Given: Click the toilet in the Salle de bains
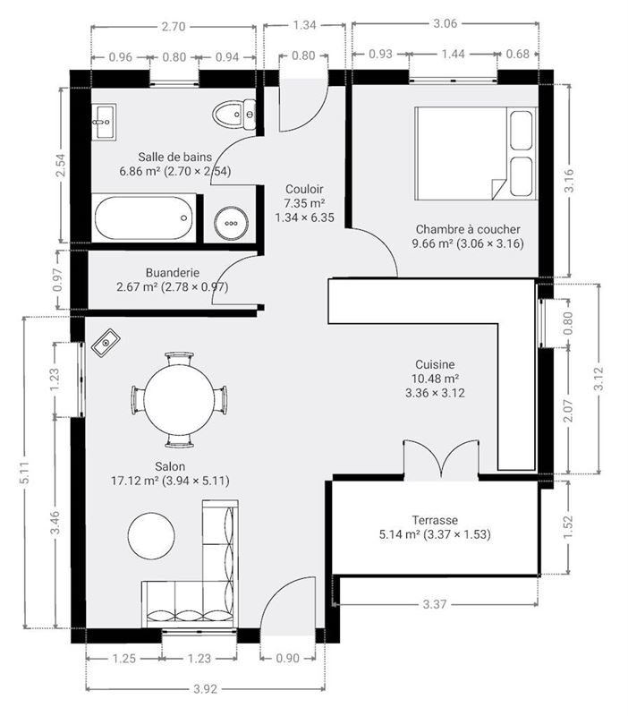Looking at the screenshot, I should [x=235, y=114].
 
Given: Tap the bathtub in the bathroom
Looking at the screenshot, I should [x=143, y=218].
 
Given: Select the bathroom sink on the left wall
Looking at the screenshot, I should [x=104, y=119].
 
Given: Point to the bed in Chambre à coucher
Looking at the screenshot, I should [x=475, y=153].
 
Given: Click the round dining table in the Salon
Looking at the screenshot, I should [x=179, y=398].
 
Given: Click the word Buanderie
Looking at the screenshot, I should [x=172, y=273].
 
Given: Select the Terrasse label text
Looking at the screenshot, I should [x=435, y=520].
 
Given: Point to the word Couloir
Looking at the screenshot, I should [x=304, y=189].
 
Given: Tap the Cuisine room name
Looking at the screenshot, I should [x=435, y=364].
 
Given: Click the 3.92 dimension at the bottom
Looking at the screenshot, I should [x=206, y=689].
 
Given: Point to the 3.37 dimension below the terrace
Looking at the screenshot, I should [x=435, y=604].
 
